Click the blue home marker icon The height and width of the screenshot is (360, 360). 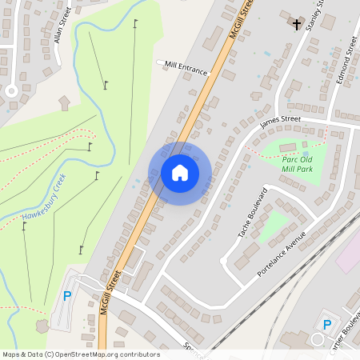click(180, 173)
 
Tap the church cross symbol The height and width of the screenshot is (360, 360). click(297, 24)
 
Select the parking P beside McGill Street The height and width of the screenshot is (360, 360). click(66, 296)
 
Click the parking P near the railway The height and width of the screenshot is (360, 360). click(326, 324)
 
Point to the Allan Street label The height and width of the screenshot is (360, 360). click(62, 26)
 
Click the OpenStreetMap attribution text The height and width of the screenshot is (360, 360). click(80, 354)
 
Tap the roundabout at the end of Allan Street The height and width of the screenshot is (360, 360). click(11, 90)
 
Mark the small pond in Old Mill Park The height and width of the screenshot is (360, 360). click(305, 154)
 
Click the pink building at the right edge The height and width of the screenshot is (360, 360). click(349, 254)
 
